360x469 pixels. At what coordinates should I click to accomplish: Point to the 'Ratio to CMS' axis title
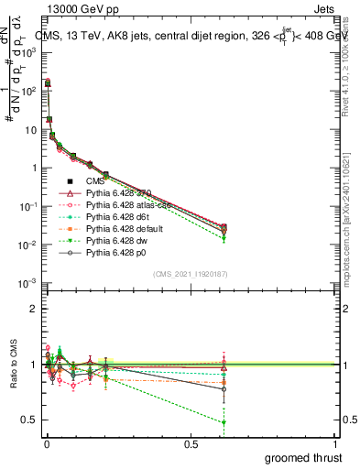click(11, 366)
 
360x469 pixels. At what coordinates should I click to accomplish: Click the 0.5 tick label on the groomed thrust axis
click(191, 444)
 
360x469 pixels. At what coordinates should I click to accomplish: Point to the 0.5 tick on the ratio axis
click(27, 420)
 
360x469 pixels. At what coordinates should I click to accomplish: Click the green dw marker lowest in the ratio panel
click(224, 422)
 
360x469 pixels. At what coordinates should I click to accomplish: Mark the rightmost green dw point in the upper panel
click(224, 239)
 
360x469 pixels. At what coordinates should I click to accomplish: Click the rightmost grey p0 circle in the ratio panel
click(224, 389)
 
